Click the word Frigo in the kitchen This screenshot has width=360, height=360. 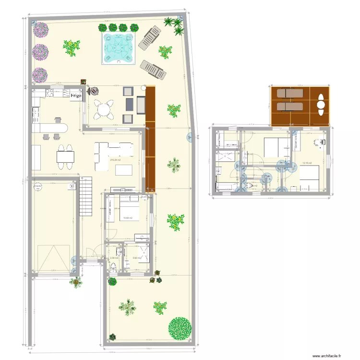(x=75, y=96)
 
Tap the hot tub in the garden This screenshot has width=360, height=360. (x=118, y=48)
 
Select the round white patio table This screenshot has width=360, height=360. (x=103, y=110)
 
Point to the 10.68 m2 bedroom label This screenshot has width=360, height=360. (x=128, y=217)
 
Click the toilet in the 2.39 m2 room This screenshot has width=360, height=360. (x=113, y=268)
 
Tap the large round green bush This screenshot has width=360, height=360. (x=180, y=328)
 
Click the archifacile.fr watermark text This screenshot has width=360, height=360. (x=326, y=356)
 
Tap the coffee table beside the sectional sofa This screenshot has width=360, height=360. (x=124, y=170)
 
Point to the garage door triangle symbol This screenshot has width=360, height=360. (x=53, y=257)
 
